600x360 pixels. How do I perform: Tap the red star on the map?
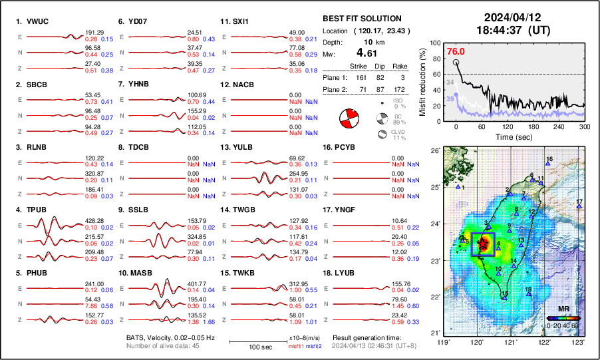pos(484,242)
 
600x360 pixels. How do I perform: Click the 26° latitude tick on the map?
pos(434,151)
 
